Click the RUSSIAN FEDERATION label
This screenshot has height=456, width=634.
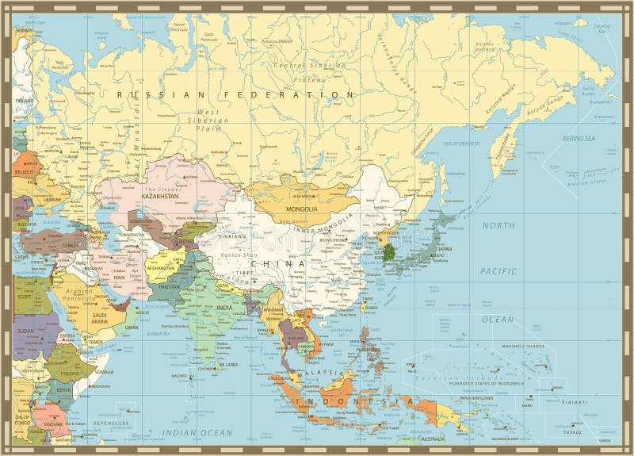tap(235, 94)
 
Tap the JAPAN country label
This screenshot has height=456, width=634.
tap(445, 249)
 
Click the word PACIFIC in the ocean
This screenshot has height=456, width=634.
tap(498, 272)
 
